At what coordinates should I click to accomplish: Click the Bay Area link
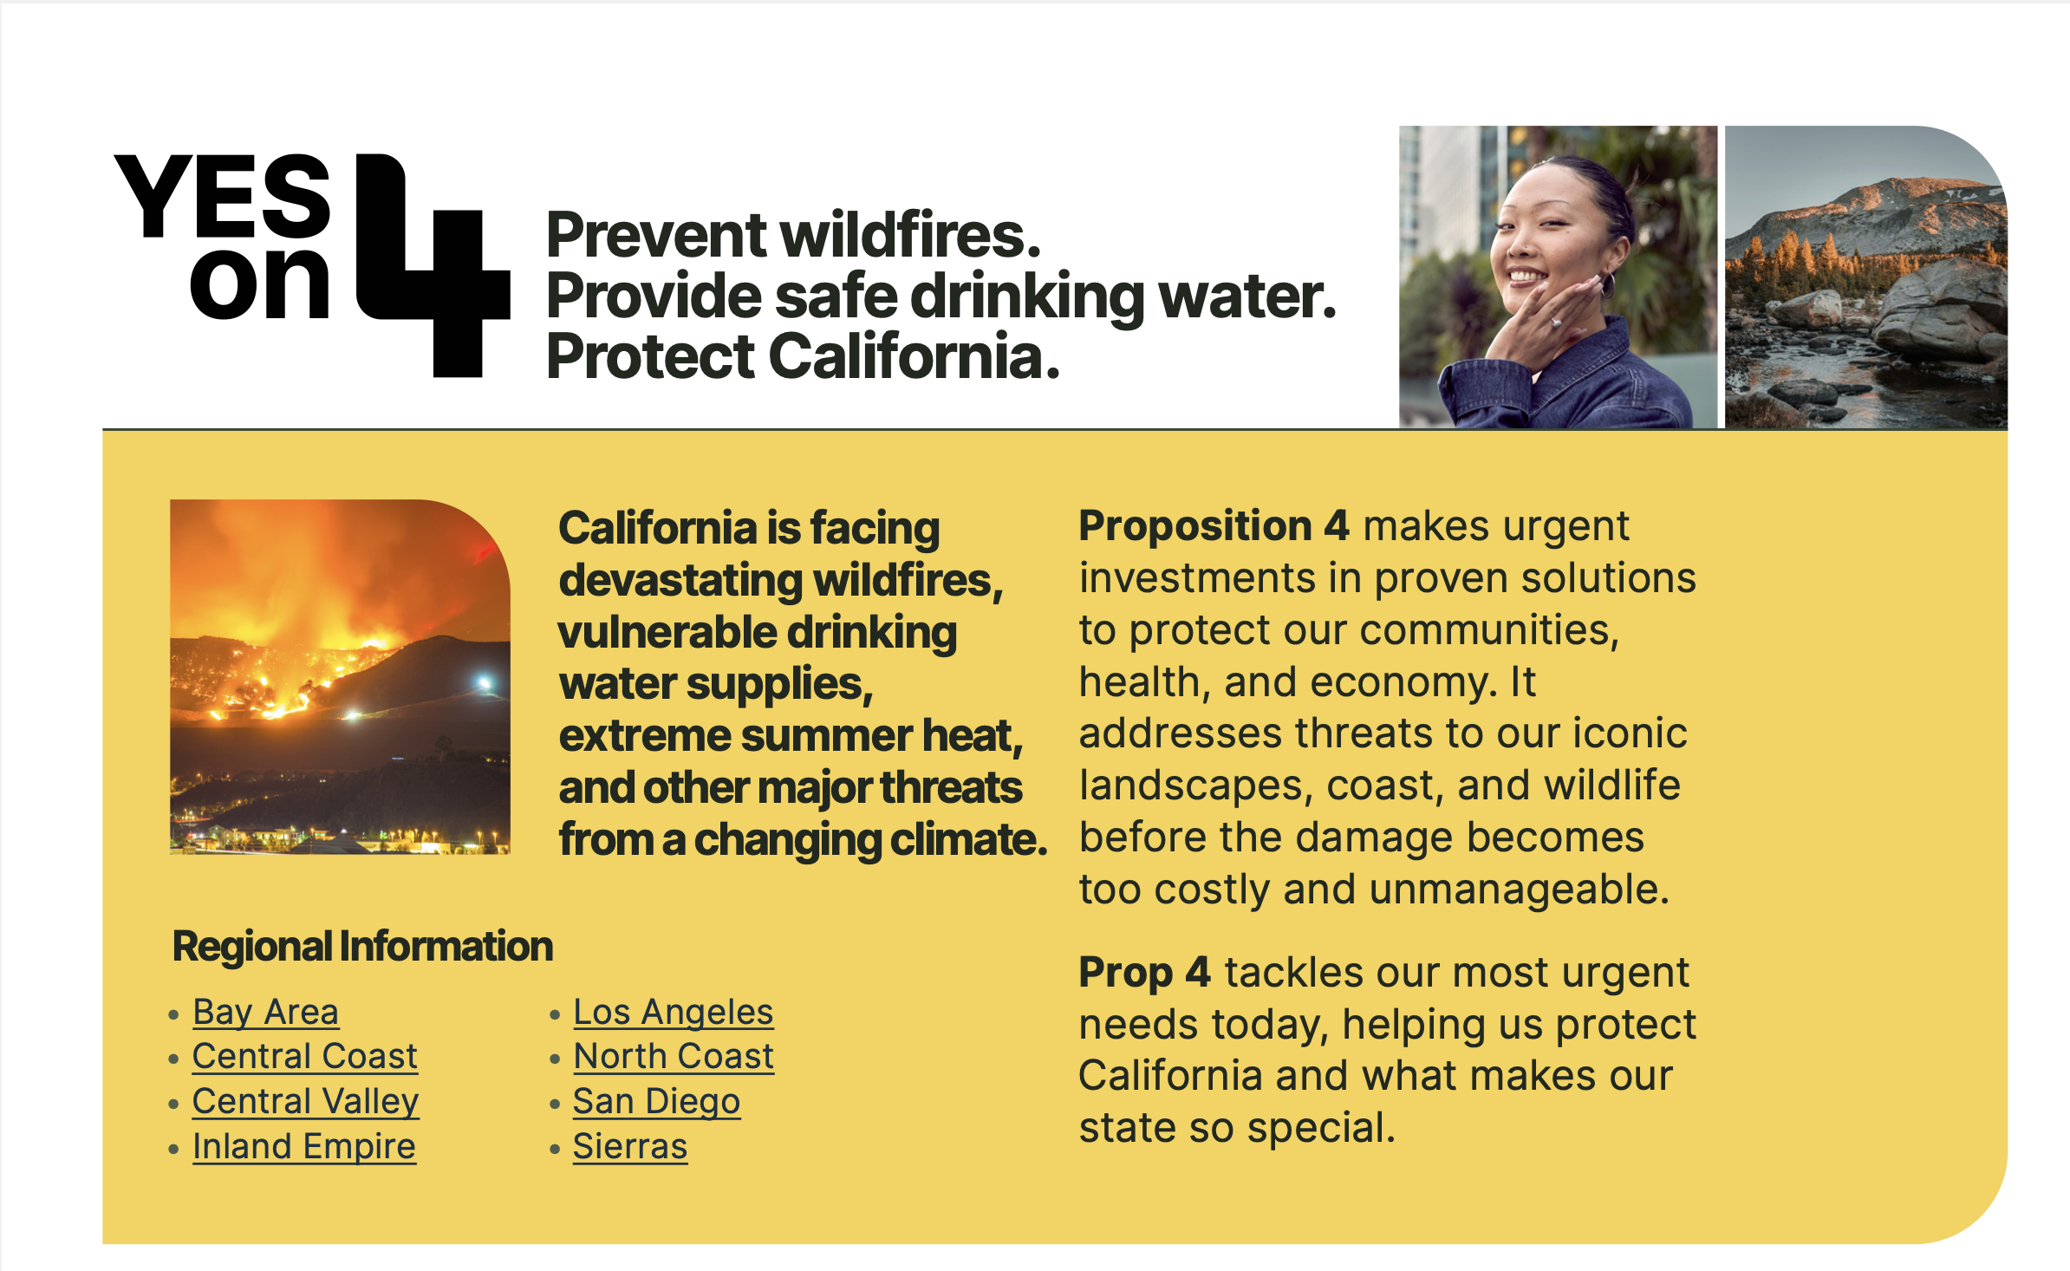pyautogui.click(x=265, y=1012)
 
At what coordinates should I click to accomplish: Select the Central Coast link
pyautogui.click(x=305, y=1056)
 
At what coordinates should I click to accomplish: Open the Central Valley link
pyautogui.click(x=305, y=1101)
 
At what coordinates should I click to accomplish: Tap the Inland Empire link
pyautogui.click(x=304, y=1146)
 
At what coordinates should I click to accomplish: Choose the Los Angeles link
pyautogui.click(x=674, y=1012)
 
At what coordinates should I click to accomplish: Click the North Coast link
pyautogui.click(x=674, y=1056)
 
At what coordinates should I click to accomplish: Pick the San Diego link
pyautogui.click(x=656, y=1101)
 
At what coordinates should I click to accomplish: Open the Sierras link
pyautogui.click(x=630, y=1146)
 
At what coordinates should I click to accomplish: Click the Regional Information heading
pyautogui.click(x=362, y=946)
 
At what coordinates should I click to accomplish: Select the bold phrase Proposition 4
pyautogui.click(x=1214, y=525)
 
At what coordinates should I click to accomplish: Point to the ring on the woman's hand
pyautogui.click(x=1556, y=323)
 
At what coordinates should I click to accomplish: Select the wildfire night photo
pyautogui.click(x=340, y=677)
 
